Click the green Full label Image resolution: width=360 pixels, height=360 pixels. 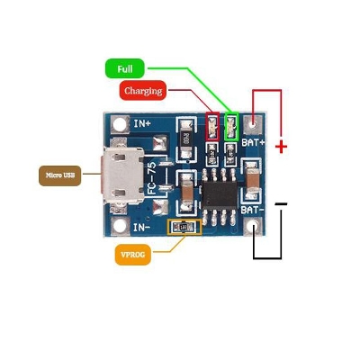click(x=125, y=67)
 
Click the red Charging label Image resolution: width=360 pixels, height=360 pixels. click(x=144, y=91)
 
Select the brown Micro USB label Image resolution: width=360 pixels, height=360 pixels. click(x=56, y=175)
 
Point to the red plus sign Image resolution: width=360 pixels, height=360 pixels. click(x=282, y=146)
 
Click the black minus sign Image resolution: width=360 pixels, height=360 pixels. click(x=282, y=205)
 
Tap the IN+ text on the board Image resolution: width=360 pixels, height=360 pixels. click(x=142, y=123)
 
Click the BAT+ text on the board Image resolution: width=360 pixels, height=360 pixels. click(x=255, y=143)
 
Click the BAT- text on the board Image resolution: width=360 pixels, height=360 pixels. click(x=252, y=209)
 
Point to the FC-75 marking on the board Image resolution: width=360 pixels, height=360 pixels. click(x=152, y=177)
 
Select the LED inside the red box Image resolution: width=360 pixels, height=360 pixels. click(x=213, y=128)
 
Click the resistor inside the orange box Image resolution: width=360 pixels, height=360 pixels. click(x=185, y=229)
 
